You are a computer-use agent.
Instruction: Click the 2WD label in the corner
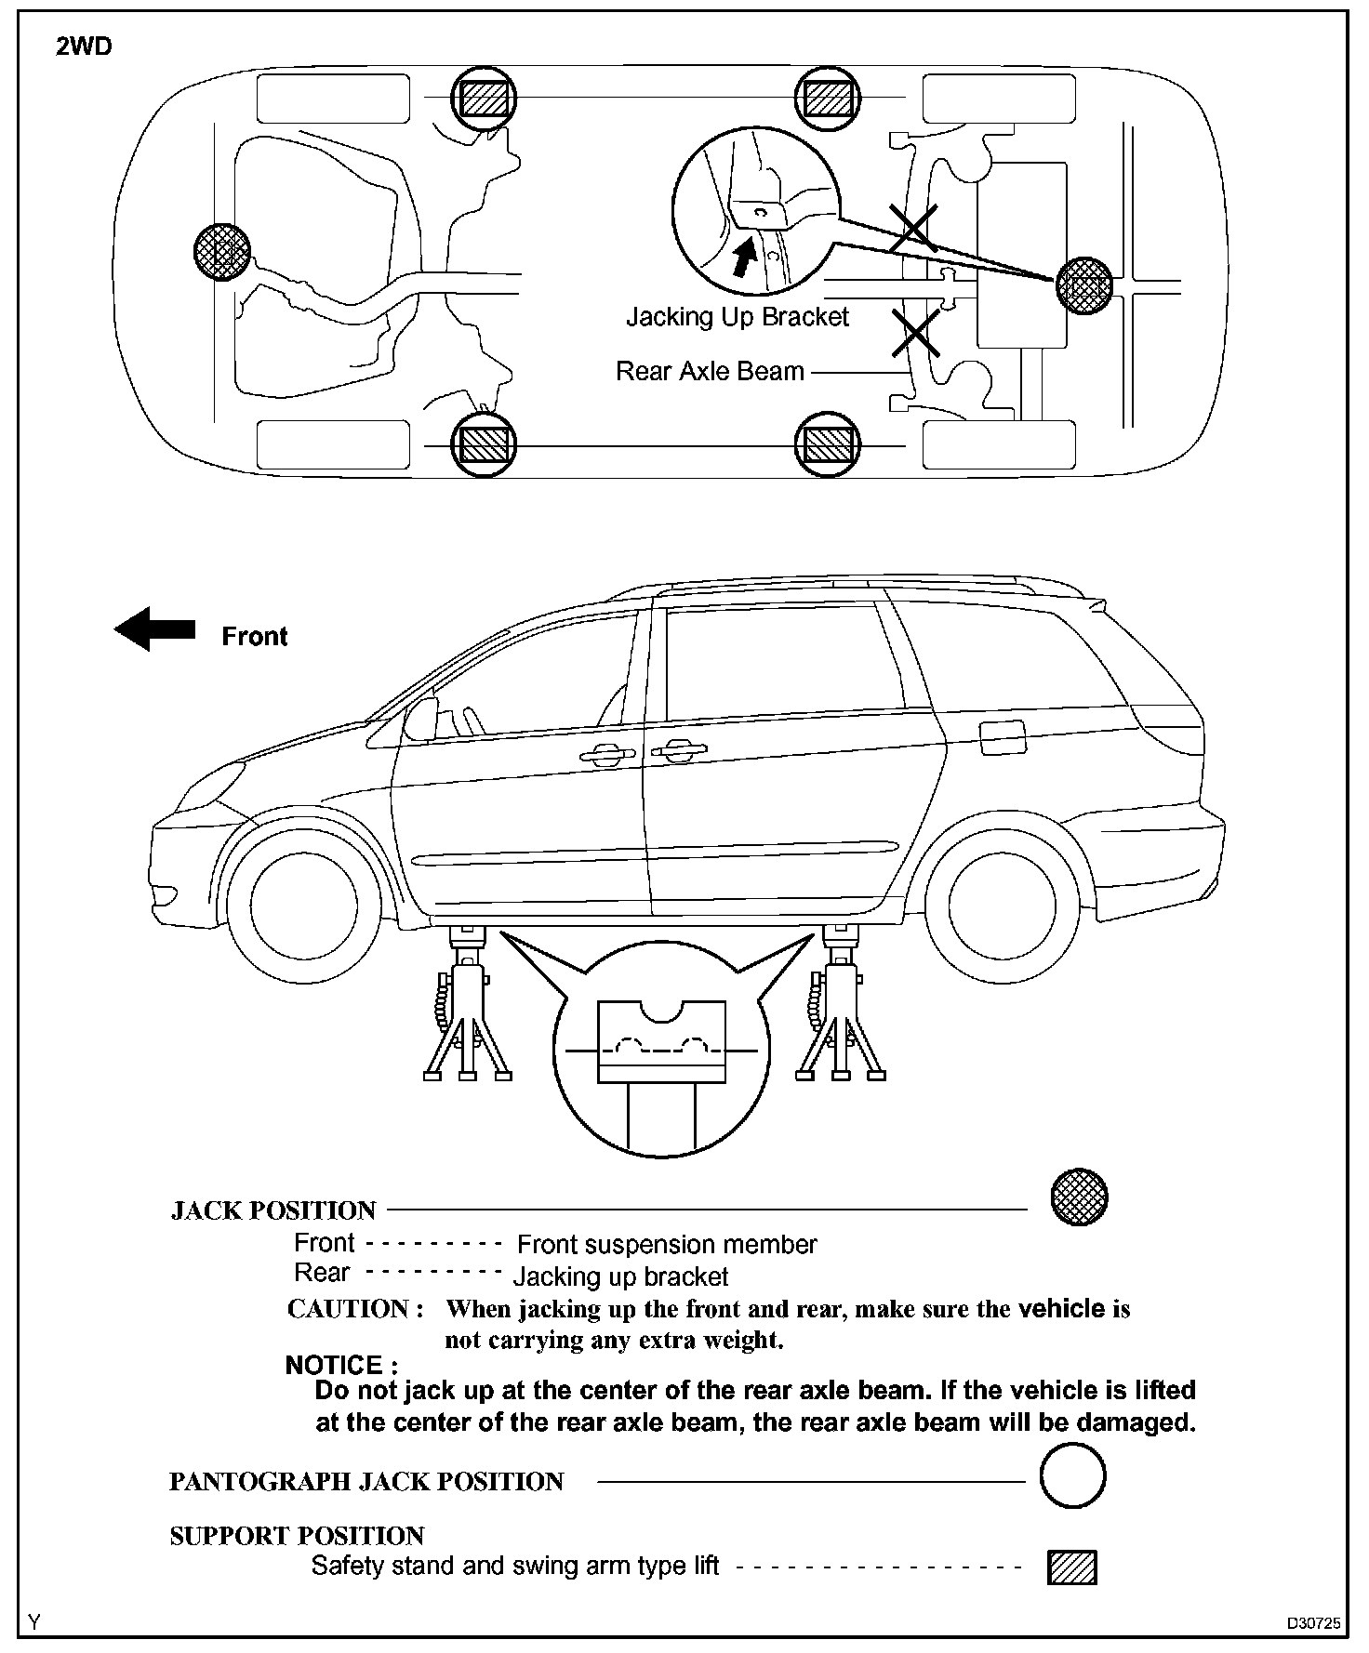84,46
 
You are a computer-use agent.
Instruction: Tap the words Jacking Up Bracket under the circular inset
737,318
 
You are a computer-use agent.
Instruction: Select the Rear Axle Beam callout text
710,371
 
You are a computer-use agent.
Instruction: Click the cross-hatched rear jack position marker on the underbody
1084,284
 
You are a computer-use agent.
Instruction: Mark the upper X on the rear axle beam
913,229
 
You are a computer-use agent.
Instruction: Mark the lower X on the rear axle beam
915,333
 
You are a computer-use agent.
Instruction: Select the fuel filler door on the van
1003,738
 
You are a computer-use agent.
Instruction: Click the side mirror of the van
421,720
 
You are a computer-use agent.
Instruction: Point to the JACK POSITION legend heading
273,1210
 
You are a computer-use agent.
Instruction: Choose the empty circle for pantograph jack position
1072,1475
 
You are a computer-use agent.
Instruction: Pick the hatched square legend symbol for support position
1072,1567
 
